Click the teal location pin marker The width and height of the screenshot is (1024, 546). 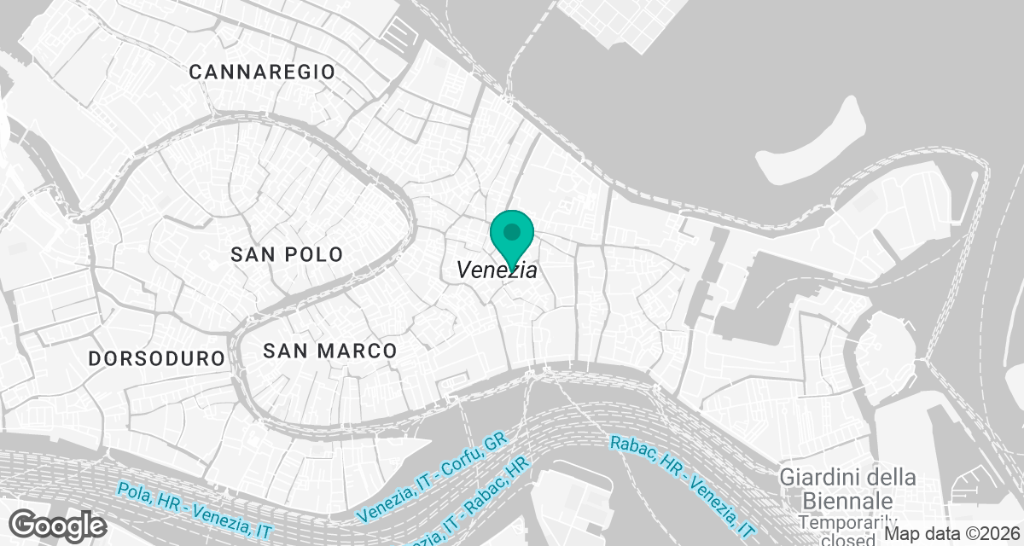click(512, 238)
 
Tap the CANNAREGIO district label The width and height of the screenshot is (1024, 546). click(262, 72)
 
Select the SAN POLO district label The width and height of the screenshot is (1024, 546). click(287, 254)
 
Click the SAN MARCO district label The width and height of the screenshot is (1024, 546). click(329, 351)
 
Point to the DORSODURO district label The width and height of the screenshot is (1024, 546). click(156, 358)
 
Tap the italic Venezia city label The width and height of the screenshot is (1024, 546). click(497, 270)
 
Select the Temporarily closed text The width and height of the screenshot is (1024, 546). click(847, 531)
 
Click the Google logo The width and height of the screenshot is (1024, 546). click(58, 524)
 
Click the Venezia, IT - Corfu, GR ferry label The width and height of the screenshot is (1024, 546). click(433, 477)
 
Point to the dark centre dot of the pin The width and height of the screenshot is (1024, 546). click(512, 231)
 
